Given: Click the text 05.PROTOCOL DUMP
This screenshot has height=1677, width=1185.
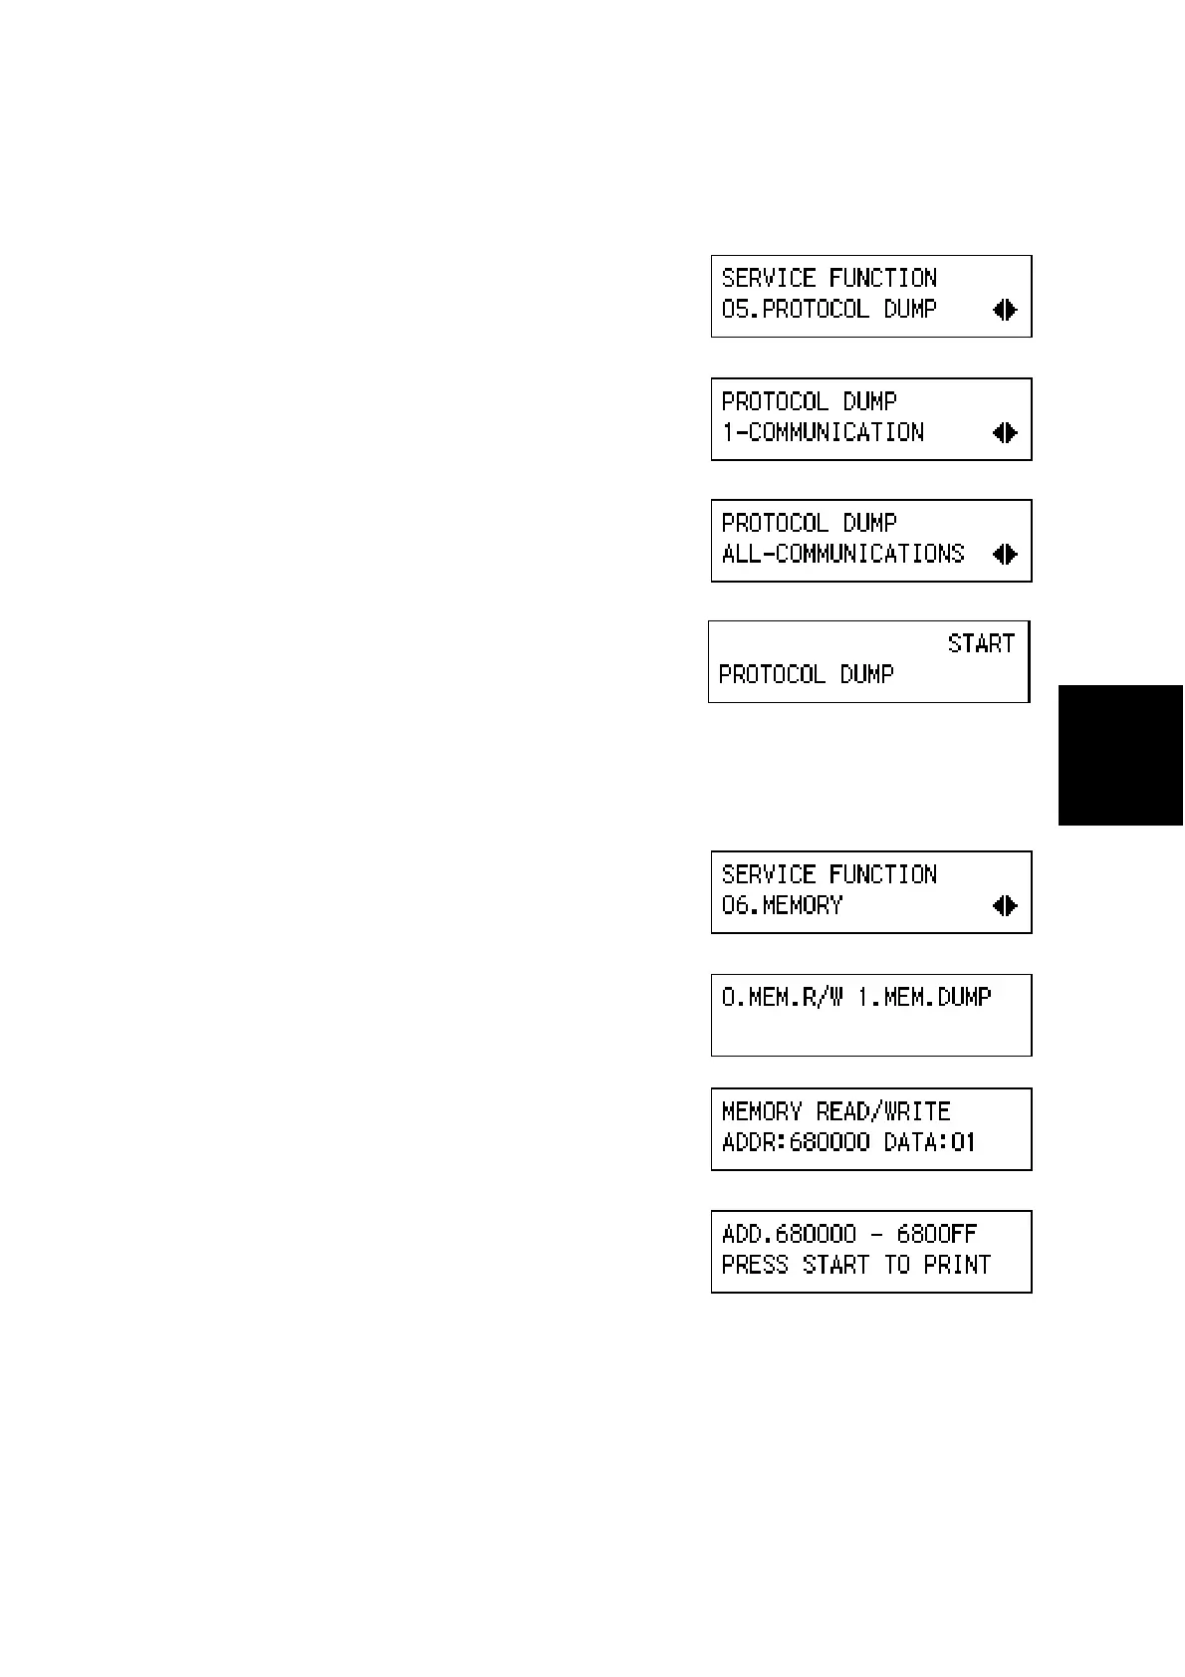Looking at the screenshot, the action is click(x=829, y=310).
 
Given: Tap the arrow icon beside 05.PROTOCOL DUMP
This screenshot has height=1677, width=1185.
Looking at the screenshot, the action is click(x=1005, y=310).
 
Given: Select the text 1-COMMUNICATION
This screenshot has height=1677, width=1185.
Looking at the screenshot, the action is click(x=823, y=432).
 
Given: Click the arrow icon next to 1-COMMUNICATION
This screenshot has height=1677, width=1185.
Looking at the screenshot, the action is click(x=1005, y=432).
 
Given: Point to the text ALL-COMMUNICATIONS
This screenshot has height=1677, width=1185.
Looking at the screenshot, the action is click(x=842, y=554).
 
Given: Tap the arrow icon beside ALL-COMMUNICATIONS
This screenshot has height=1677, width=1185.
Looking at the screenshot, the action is click(x=1005, y=554).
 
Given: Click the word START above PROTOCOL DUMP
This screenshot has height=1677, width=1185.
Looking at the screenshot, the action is click(x=981, y=643).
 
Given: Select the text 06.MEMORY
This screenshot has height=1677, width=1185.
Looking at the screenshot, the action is click(x=782, y=905).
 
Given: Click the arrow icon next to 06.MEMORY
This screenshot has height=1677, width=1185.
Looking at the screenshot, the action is click(x=1005, y=905).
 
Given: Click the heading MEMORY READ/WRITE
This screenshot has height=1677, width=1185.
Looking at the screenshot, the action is click(x=835, y=1111).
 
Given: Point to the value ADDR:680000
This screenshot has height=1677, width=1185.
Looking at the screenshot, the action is click(x=795, y=1142).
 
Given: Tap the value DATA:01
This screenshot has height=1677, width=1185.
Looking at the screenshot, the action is click(x=930, y=1142).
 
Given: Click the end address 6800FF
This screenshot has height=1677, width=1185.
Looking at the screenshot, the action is click(x=937, y=1234).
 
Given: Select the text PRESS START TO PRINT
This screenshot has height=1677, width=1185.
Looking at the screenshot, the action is click(x=855, y=1265).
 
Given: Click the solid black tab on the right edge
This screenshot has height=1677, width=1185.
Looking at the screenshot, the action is click(x=1120, y=755).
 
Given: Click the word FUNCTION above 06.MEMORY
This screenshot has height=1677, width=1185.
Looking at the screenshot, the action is click(x=883, y=874).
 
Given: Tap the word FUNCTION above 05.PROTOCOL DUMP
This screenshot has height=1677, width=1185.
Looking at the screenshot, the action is click(x=883, y=278).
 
